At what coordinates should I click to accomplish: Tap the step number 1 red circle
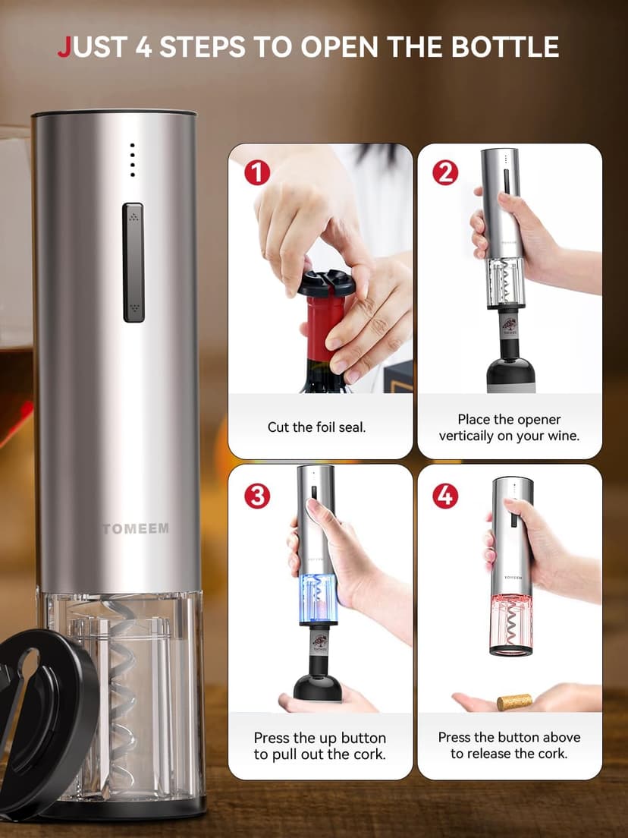pyautogui.click(x=257, y=173)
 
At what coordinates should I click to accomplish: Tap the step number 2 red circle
pyautogui.click(x=445, y=173)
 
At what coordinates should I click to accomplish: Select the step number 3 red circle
pyautogui.click(x=257, y=496)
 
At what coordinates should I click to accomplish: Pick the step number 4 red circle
pyautogui.click(x=445, y=496)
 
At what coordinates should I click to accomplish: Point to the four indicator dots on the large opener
pyautogui.click(x=132, y=159)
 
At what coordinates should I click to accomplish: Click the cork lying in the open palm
pyautogui.click(x=513, y=702)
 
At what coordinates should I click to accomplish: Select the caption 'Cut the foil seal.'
pyautogui.click(x=316, y=427)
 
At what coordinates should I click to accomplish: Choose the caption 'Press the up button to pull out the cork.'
pyautogui.click(x=319, y=746)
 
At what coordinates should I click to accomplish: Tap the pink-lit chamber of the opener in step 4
pyautogui.click(x=511, y=622)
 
